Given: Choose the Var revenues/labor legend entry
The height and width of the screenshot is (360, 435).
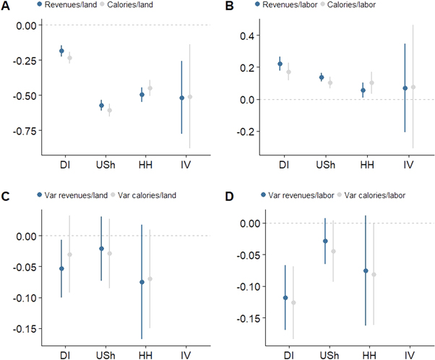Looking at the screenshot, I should pyautogui.click(x=285, y=194).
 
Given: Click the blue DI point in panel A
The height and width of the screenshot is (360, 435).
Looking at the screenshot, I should pyautogui.click(x=61, y=51).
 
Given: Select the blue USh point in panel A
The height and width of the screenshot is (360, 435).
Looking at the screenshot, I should pyautogui.click(x=102, y=106).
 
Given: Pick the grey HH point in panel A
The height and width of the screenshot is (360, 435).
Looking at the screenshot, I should pyautogui.click(x=150, y=87).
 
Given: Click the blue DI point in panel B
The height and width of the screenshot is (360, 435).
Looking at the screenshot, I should pyautogui.click(x=280, y=64).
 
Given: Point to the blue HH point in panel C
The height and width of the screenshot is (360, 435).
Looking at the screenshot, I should pyautogui.click(x=142, y=282).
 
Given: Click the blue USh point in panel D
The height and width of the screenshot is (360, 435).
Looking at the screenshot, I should pyautogui.click(x=325, y=241).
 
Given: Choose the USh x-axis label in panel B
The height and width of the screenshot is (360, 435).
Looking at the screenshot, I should pyautogui.click(x=325, y=166).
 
